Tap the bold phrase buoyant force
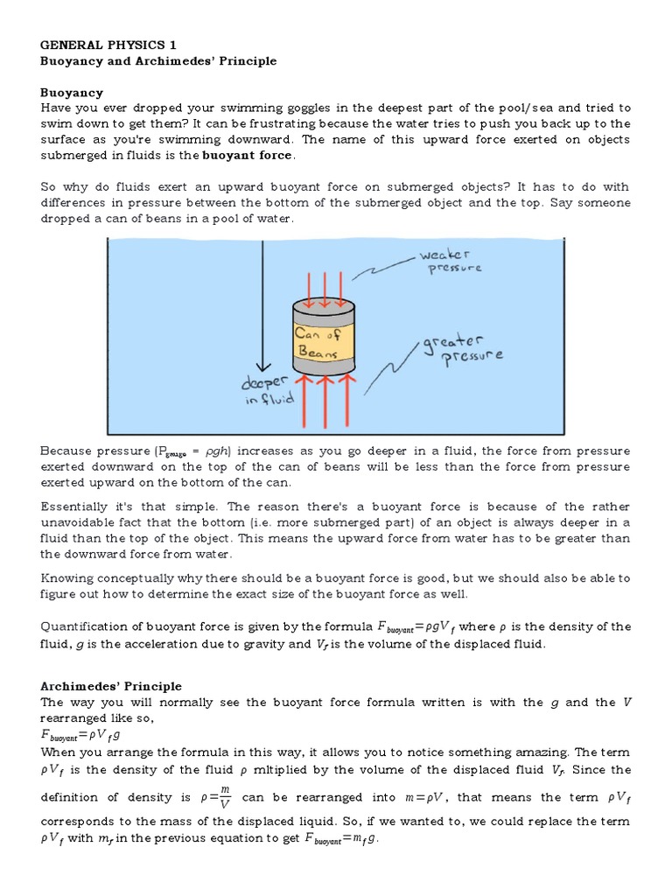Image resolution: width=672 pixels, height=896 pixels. click(x=248, y=155)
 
